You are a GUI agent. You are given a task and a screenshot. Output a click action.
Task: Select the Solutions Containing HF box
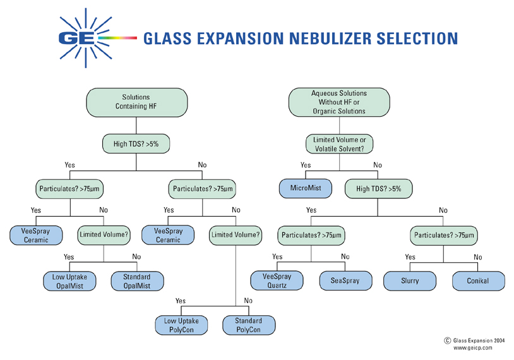click(136, 102)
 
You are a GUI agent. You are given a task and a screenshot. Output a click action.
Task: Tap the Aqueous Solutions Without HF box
click(338, 102)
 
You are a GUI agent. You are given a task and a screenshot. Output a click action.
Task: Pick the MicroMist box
click(306, 188)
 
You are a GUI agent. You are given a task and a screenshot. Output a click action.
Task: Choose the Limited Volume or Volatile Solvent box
click(339, 144)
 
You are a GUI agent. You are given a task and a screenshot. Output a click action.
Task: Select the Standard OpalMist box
click(136, 281)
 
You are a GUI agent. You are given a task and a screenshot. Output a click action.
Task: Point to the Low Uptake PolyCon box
click(181, 325)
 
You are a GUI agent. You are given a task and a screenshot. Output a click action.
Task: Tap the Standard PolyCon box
click(248, 325)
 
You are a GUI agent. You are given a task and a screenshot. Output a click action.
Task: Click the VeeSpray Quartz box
click(277, 280)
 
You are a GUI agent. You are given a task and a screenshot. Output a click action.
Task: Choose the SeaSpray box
click(344, 280)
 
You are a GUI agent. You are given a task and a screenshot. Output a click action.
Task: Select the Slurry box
click(410, 280)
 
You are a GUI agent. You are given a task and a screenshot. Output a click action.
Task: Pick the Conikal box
click(479, 280)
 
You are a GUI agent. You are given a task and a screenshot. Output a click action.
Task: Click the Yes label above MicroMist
click(306, 165)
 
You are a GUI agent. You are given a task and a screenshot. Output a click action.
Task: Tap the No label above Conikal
click(477, 258)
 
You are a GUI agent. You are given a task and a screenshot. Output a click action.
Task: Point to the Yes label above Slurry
click(410, 258)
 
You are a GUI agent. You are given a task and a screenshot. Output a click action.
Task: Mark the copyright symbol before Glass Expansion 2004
click(448, 339)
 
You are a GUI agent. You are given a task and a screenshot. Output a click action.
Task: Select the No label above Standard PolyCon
click(248, 302)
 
